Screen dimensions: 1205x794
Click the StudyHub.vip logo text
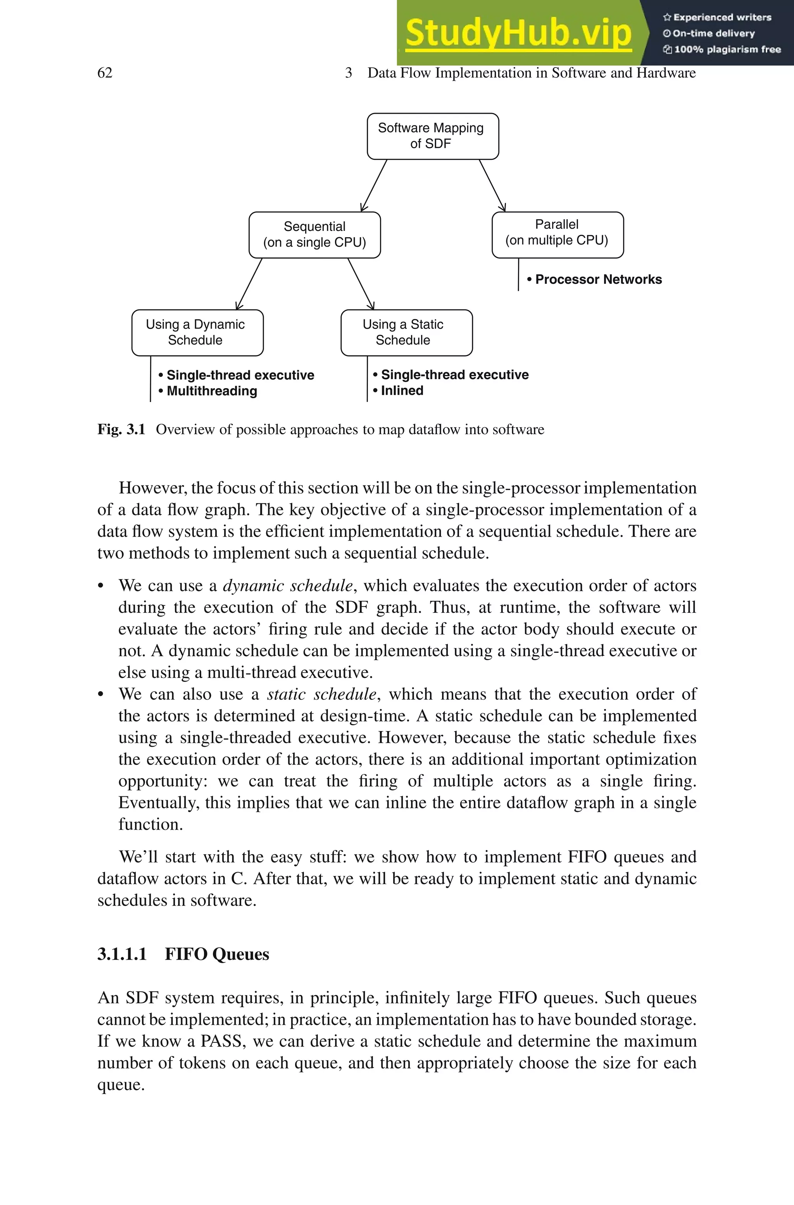518,33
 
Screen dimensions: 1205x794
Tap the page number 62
105,73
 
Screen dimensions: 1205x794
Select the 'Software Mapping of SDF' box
432,136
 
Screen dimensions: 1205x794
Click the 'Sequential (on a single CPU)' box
314,235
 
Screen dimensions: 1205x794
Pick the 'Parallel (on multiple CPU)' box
557,235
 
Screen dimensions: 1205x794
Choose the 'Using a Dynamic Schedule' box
197,333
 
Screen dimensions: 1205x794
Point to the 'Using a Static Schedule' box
406,333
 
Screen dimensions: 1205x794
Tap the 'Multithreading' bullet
212,391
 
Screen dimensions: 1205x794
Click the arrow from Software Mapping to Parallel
492,185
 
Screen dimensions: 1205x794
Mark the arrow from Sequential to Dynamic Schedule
249,284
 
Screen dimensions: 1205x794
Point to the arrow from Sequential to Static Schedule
361,284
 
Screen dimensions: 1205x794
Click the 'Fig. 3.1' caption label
121,429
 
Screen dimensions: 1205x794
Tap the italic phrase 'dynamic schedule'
288,585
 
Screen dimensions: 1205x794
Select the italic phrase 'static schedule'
321,694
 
